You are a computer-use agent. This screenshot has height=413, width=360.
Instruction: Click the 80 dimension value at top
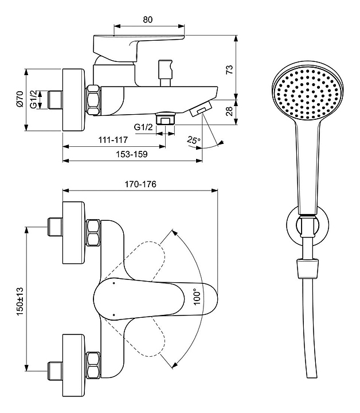pos(148,19)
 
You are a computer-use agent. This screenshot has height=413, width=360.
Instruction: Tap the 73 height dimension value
pos(229,69)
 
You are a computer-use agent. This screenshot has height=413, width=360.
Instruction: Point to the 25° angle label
pos(193,140)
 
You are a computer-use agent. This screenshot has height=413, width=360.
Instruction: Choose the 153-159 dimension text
pos(132,154)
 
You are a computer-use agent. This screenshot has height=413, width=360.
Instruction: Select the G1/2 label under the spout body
pos(143,127)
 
